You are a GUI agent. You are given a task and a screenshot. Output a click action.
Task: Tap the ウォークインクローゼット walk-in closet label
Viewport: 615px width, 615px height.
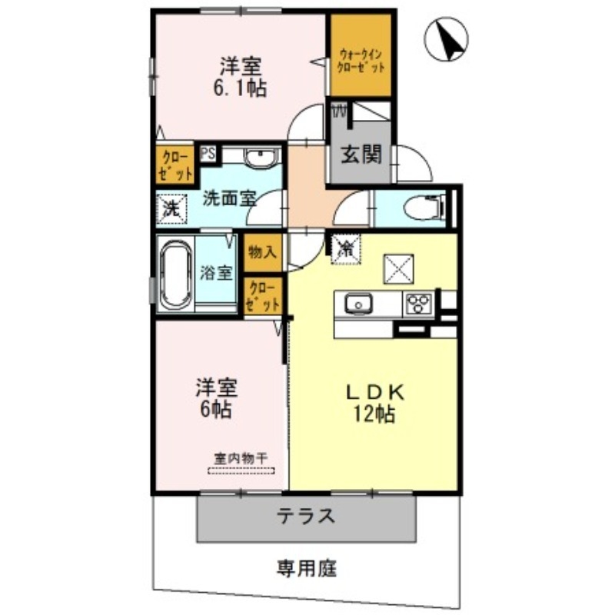[x=360, y=60]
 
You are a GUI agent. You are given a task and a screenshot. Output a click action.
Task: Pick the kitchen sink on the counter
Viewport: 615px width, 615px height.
[x=357, y=304]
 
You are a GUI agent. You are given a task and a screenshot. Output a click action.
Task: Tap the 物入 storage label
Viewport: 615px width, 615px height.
[x=262, y=251]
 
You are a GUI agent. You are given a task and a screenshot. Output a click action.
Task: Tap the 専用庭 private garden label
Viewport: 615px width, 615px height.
[x=307, y=570]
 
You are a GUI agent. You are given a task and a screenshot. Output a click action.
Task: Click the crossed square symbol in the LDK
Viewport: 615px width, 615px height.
[x=399, y=269]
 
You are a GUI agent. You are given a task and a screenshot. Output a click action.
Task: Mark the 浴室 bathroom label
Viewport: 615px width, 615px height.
[x=215, y=273]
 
